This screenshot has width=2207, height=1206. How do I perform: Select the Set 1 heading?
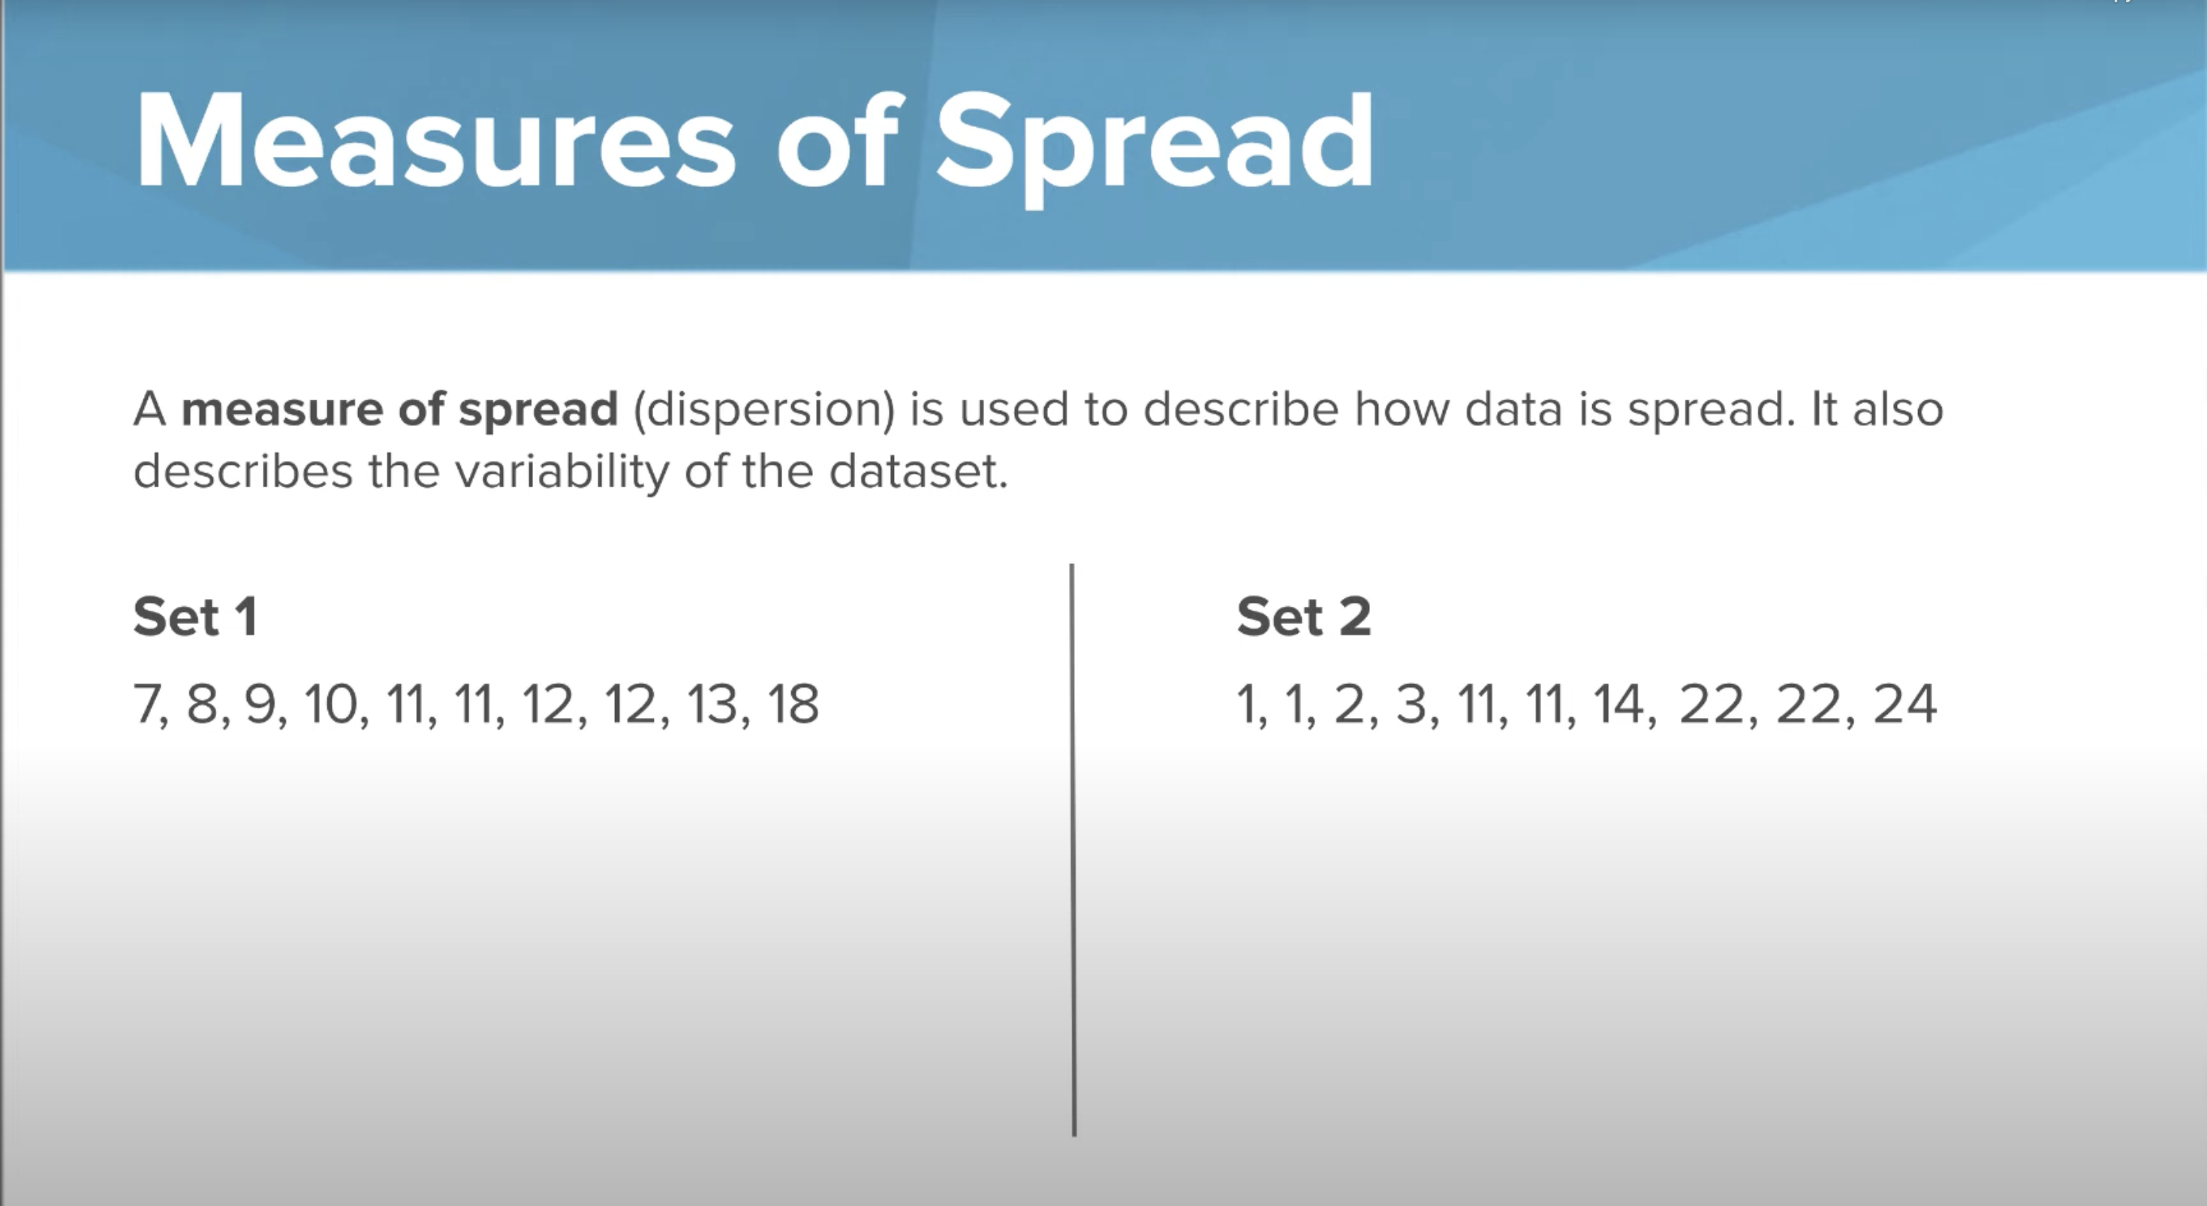[195, 617]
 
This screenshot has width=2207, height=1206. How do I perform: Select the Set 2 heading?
[1303, 617]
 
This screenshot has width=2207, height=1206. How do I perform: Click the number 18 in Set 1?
[793, 704]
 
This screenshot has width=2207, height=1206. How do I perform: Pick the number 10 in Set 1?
[330, 704]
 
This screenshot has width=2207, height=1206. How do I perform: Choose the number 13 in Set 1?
[712, 704]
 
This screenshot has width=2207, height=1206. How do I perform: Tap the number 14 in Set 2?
[1618, 704]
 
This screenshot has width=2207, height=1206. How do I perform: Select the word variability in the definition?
[562, 472]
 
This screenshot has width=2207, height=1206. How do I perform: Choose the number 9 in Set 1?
[260, 704]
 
